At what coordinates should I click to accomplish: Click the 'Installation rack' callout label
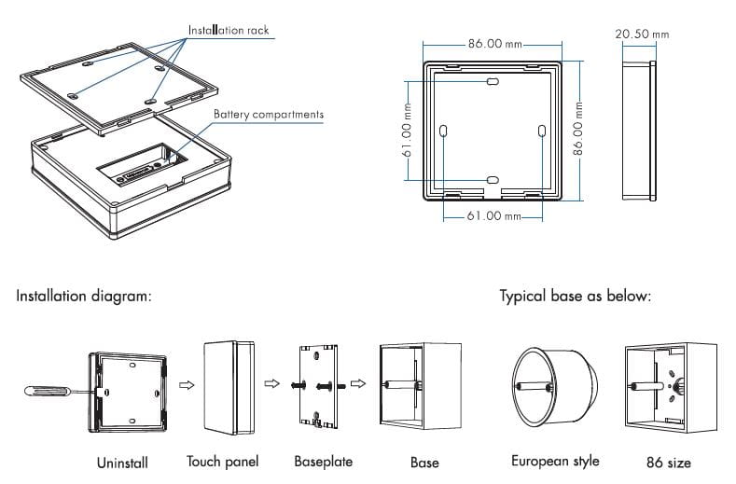[229, 31]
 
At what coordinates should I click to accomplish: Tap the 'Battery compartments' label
[269, 115]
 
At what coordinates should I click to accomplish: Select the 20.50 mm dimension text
[642, 35]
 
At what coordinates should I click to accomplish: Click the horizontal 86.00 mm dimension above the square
[495, 44]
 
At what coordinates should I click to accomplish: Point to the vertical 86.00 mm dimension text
[579, 130]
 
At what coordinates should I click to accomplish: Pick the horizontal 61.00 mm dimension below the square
[493, 216]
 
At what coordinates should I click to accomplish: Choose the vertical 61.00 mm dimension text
[408, 131]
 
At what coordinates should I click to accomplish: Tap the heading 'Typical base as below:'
[575, 297]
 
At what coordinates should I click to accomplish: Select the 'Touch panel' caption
[222, 462]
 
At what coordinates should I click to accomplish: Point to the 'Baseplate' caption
[323, 462]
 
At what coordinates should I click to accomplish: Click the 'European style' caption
[555, 462]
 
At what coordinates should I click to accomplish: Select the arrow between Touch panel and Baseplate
[272, 383]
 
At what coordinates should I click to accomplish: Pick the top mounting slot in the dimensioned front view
[493, 83]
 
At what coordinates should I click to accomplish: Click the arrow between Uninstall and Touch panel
[186, 383]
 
